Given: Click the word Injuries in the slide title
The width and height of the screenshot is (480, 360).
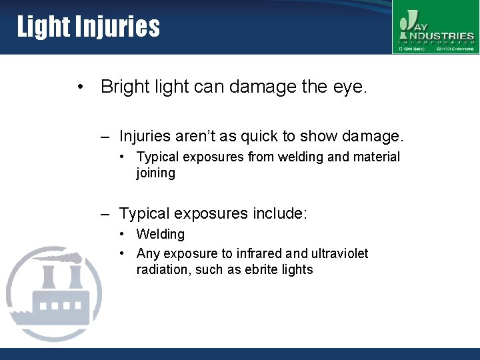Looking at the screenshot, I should [x=117, y=27].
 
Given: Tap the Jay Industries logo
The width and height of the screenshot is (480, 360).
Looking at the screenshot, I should [x=435, y=27].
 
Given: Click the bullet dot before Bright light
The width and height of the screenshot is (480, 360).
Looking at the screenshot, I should [x=80, y=87].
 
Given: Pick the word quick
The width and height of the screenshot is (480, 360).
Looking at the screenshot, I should [x=259, y=137].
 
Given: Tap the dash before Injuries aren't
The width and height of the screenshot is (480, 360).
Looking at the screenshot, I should [x=105, y=137].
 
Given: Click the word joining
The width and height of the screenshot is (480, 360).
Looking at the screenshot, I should [x=155, y=173].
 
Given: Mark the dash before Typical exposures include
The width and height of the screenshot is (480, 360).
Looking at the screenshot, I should [x=105, y=215].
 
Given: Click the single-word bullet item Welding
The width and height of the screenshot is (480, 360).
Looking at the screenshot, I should [x=161, y=234].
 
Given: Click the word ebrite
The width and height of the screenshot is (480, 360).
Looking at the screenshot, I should [x=261, y=269].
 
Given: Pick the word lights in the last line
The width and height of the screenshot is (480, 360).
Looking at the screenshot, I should [x=297, y=269].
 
